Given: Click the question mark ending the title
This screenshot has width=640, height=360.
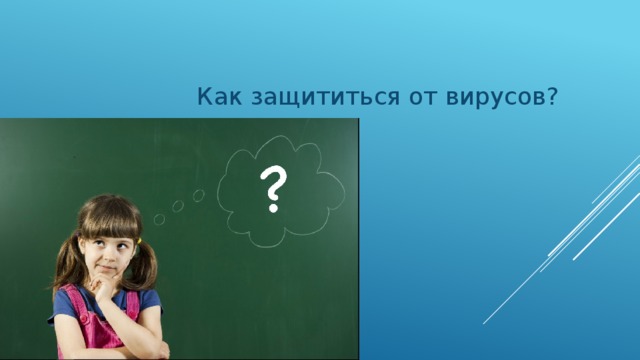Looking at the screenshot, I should tap(553, 97).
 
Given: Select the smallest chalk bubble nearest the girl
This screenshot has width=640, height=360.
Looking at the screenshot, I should tap(159, 219).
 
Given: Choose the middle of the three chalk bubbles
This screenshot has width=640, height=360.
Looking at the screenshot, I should tap(177, 206).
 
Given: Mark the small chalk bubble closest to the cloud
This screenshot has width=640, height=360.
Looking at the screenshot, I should tap(198, 195).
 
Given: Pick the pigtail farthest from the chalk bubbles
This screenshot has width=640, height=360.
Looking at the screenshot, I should tap(65, 263).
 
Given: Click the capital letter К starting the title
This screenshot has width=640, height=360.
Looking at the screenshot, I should tap(203, 98).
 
